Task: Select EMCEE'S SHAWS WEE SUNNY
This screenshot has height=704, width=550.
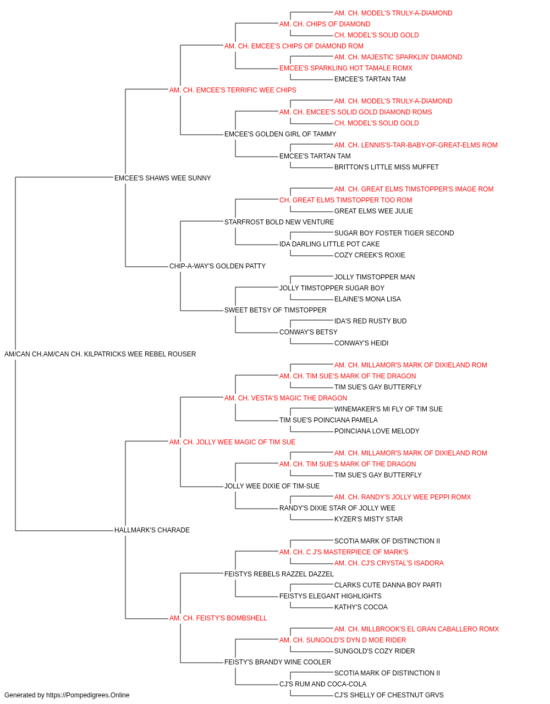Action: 163,178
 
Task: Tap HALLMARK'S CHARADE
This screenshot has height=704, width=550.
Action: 152,530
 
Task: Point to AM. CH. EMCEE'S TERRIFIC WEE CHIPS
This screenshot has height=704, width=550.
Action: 233,90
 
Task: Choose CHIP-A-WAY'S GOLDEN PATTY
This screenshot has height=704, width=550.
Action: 217,266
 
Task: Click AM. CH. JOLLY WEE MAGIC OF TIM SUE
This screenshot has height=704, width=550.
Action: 232,442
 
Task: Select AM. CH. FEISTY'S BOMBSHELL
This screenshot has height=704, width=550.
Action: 218,618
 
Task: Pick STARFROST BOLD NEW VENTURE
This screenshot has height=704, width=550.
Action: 279,222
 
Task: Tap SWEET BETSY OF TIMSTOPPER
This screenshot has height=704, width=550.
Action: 276,310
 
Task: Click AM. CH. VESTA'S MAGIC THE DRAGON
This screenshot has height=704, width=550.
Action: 285,398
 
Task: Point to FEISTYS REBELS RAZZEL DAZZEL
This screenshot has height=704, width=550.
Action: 279,574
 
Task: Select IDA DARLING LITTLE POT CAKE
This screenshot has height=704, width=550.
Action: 329,244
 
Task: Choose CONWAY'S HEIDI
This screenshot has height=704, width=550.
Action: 361,343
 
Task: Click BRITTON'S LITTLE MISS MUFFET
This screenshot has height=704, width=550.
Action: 387,167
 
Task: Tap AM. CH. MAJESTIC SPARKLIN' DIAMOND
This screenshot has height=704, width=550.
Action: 398,57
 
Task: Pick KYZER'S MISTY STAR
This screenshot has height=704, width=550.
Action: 369,519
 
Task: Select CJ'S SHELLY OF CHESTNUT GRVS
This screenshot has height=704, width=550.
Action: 389,695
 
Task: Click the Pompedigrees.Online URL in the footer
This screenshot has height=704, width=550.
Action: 87,695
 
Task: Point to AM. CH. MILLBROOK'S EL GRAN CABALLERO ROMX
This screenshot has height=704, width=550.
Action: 416,629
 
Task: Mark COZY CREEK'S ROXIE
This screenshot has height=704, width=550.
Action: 370,255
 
